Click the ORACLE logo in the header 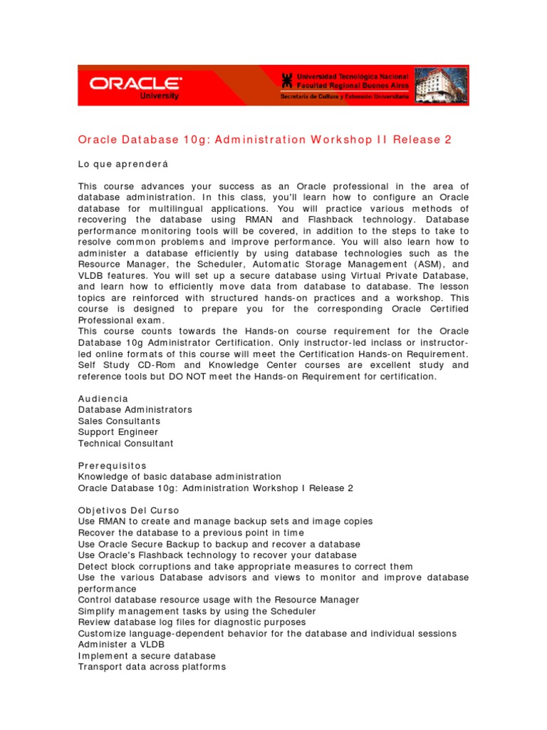tap(135, 83)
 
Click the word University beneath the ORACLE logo tap(160, 96)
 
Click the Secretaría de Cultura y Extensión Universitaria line tap(345, 96)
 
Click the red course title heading tap(264, 140)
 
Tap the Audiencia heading tap(103, 399)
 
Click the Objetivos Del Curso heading tap(129, 510)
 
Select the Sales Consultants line tap(119, 421)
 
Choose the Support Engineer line tap(118, 432)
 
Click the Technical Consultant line tap(125, 443)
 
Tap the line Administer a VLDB tap(122, 644)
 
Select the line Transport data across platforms tap(152, 667)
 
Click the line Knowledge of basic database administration tap(179, 476)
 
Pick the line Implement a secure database tap(147, 656)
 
